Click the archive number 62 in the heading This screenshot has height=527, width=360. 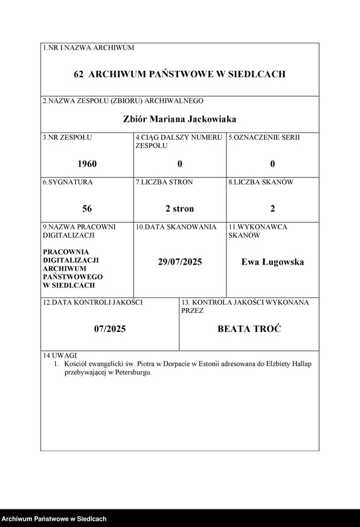[x=79, y=74]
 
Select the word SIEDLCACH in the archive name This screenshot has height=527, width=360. [x=256, y=74]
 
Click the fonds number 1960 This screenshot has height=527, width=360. [x=87, y=164]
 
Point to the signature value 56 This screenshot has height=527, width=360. [x=87, y=208]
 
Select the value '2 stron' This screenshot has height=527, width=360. [x=179, y=208]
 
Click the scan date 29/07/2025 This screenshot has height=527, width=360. [x=179, y=262]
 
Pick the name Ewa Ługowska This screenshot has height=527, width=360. [x=272, y=262]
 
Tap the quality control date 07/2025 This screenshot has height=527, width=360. [x=110, y=328]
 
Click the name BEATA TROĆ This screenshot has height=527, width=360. [x=249, y=328]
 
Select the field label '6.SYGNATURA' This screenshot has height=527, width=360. [x=68, y=183]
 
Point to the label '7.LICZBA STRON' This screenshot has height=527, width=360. [x=164, y=183]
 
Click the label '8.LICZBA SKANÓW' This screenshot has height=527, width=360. [x=260, y=183]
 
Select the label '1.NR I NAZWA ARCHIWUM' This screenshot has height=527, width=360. [x=88, y=48]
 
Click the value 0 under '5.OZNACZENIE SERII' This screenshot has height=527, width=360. [x=272, y=164]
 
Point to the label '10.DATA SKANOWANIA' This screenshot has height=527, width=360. [x=176, y=227]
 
